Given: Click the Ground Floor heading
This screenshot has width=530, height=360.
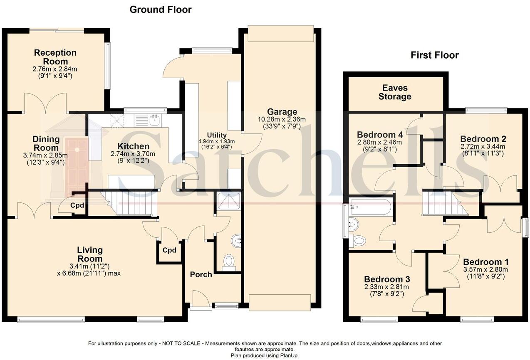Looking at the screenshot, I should (x=161, y=10).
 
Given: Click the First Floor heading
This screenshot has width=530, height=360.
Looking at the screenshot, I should (x=435, y=55).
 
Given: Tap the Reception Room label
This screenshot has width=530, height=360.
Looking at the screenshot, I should (x=55, y=57).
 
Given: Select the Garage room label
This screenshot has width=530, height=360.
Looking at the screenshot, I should (x=282, y=112).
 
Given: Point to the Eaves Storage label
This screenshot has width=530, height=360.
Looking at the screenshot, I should (x=395, y=92).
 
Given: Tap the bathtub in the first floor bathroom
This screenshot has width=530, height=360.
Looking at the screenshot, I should (x=370, y=207).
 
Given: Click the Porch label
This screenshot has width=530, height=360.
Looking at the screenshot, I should (x=201, y=275).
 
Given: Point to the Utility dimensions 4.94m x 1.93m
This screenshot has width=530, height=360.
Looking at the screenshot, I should (x=216, y=141).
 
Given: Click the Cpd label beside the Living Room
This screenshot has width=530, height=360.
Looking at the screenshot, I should (x=169, y=250).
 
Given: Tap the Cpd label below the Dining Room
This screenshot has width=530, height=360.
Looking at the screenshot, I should (x=77, y=205).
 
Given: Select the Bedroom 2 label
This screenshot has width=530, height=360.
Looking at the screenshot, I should (x=483, y=139).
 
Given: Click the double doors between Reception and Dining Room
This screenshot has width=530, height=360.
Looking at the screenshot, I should (x=45, y=104).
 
